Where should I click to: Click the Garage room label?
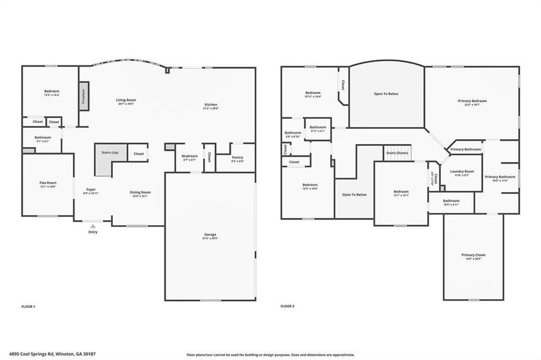(210, 235)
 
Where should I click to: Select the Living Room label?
(126, 101)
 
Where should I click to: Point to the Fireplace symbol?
(84, 98)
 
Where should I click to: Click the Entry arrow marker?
(92, 226)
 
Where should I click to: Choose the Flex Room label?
(48, 184)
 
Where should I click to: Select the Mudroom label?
(189, 157)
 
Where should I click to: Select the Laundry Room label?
(462, 172)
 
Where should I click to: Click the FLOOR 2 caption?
(287, 307)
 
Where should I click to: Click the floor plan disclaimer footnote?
(270, 355)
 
